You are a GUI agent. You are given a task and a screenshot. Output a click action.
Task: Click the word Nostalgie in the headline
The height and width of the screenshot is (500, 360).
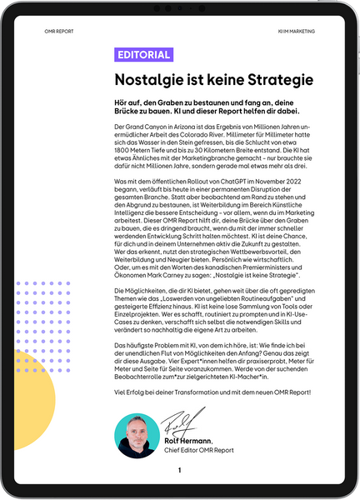155,81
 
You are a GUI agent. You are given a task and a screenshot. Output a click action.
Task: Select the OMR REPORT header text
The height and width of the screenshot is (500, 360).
59,31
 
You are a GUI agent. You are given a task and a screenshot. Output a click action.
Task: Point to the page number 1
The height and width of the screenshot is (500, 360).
179,471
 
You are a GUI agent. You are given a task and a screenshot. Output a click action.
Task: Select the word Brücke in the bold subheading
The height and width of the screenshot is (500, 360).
135,111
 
